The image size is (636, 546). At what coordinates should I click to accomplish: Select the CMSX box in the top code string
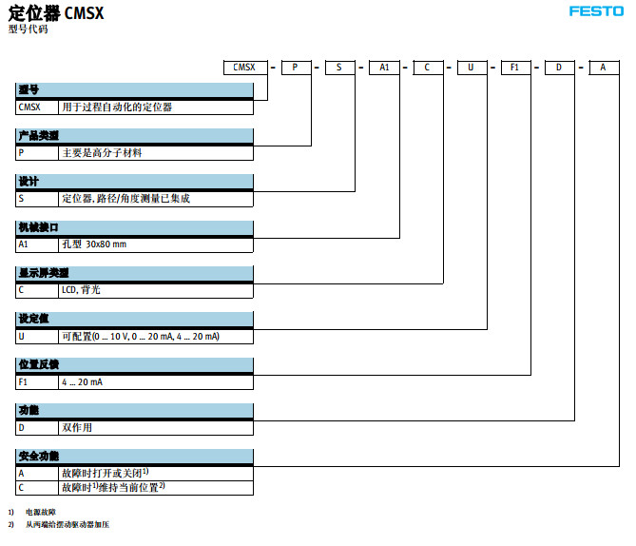coord(245,68)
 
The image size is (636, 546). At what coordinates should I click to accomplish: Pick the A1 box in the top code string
coord(384,68)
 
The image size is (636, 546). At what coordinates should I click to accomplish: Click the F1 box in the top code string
coord(514,68)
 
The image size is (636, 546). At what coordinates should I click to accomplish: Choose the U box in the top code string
coord(472,68)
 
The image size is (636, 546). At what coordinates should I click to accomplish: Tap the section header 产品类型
coord(38,136)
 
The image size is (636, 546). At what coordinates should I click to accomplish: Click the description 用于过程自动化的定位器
coord(117,107)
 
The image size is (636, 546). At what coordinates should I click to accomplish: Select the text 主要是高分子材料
coord(102,152)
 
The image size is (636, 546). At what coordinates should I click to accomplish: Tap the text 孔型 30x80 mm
coord(94,244)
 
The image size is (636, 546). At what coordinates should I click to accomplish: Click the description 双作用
coord(77,428)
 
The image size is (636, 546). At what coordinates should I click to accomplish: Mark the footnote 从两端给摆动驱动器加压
coord(67,525)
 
